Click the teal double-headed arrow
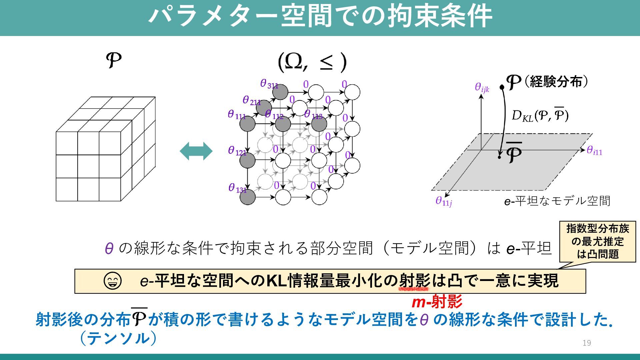coord(196,151)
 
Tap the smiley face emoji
coord(112,281)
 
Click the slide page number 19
coord(587,343)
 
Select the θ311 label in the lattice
coord(269,84)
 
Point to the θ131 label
coord(237,188)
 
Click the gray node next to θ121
coord(247,161)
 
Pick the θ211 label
coord(251,101)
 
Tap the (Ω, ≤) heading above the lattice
coord(312,62)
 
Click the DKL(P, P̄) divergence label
coord(540,115)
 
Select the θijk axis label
coord(482,88)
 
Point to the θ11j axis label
coord(444,201)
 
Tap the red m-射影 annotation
coord(437,302)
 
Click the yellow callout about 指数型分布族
coord(597,241)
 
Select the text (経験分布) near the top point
coord(556,81)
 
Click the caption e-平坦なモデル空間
coord(557,201)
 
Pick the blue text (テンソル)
coord(118,338)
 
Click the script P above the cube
coord(114,60)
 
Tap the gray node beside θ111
coord(247,124)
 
